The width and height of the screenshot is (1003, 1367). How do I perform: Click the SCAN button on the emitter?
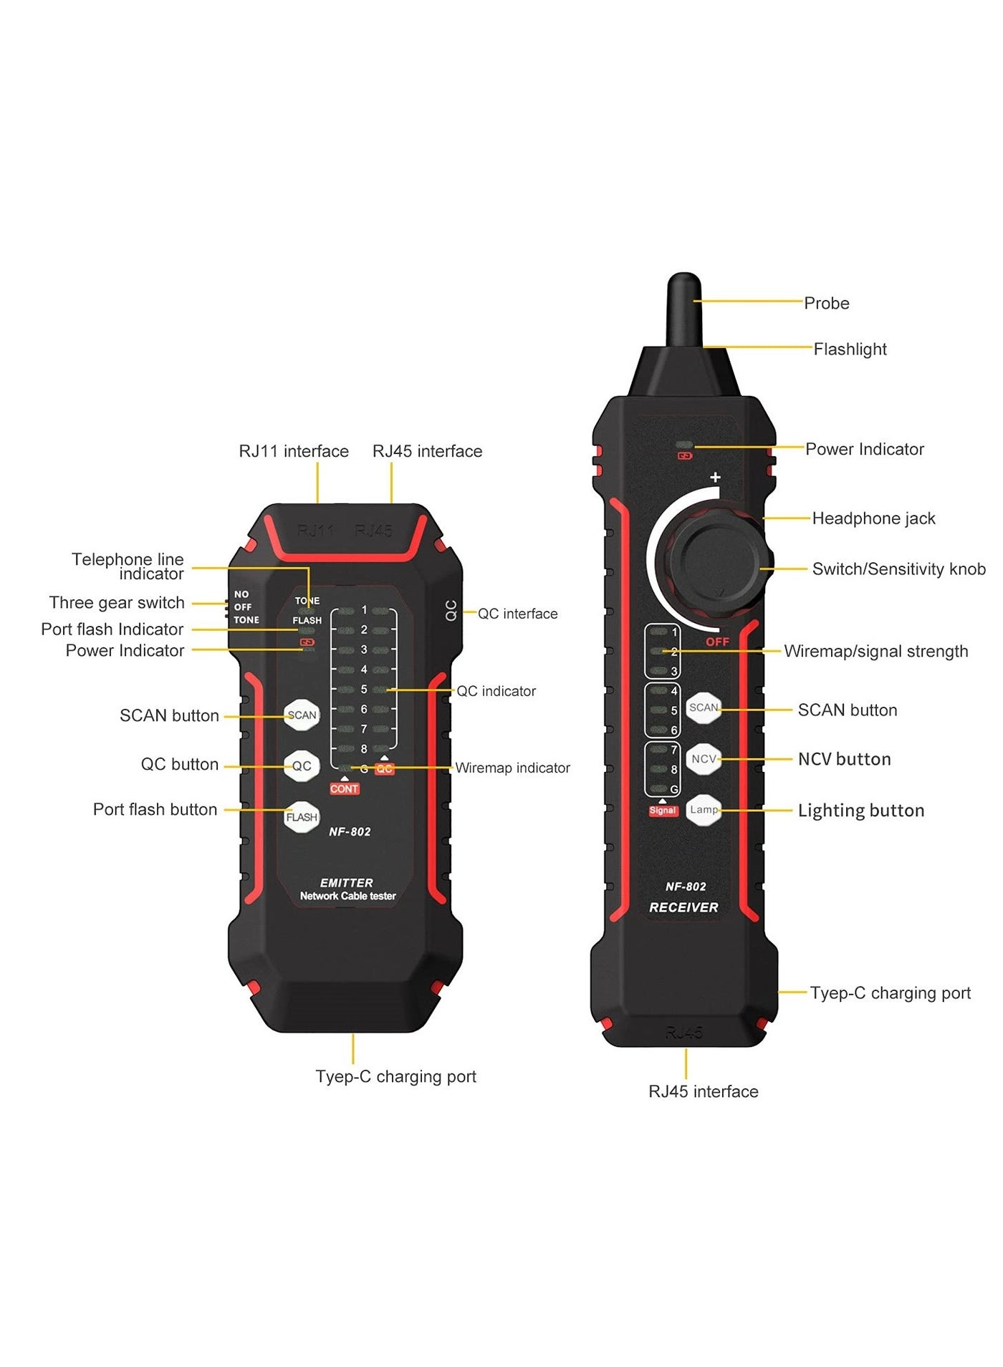click(x=302, y=715)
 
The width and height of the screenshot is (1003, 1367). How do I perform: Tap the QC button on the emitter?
click(x=302, y=765)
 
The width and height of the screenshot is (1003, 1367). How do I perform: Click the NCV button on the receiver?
click(x=704, y=759)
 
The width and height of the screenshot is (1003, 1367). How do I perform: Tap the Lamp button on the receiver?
click(x=704, y=810)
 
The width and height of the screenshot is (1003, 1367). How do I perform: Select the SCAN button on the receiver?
click(x=704, y=707)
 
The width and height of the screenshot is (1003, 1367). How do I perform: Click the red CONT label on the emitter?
click(x=344, y=788)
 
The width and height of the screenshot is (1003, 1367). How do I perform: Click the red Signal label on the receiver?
click(x=663, y=811)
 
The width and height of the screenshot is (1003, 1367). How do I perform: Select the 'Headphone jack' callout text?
click(x=873, y=518)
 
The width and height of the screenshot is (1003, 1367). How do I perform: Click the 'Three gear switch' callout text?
click(x=117, y=603)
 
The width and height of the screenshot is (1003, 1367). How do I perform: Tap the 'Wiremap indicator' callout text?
click(x=512, y=768)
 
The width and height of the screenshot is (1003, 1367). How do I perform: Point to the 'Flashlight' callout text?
click(x=850, y=349)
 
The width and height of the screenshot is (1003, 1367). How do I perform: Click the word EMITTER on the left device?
click(x=347, y=883)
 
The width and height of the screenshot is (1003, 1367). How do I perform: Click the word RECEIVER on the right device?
click(x=683, y=907)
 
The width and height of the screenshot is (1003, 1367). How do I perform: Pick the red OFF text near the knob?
click(x=717, y=642)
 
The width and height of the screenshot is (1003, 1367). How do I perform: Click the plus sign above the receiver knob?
click(x=715, y=478)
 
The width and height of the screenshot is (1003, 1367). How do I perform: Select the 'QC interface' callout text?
click(x=517, y=614)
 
